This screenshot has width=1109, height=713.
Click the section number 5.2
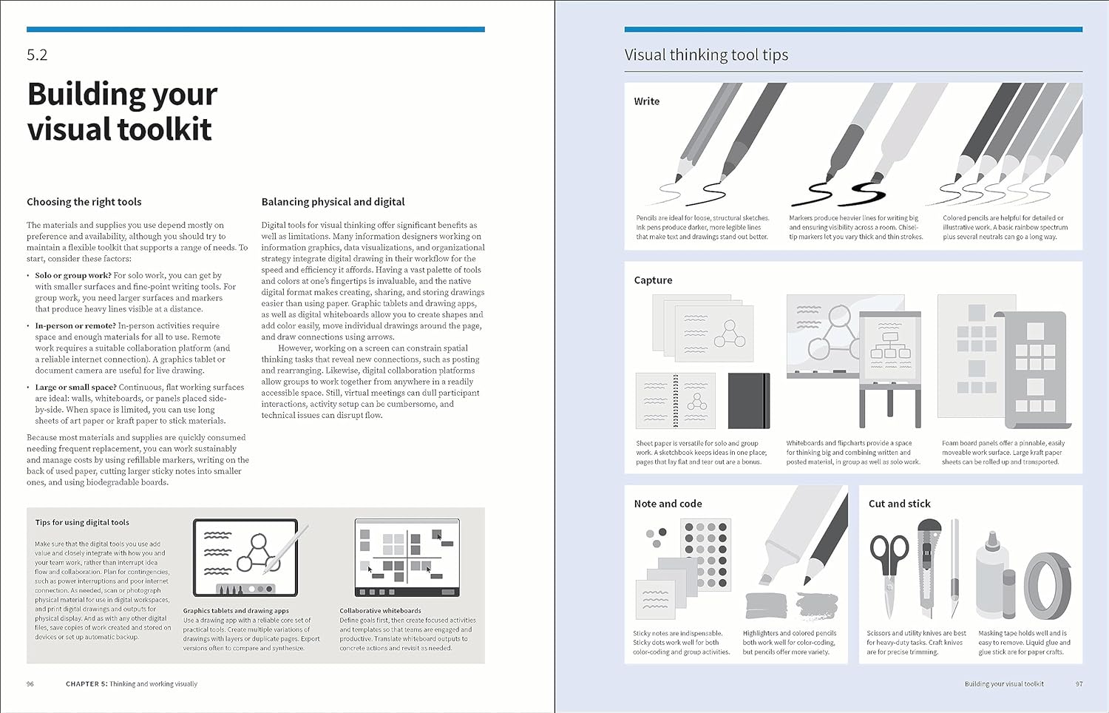pyautogui.click(x=37, y=55)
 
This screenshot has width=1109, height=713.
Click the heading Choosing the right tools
pyautogui.click(x=84, y=202)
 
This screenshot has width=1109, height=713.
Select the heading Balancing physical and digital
pyautogui.click(x=333, y=202)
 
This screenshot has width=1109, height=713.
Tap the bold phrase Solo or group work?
pyautogui.click(x=73, y=275)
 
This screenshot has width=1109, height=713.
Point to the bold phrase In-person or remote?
pyautogui.click(x=75, y=325)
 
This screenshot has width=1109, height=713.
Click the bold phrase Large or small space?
pyautogui.click(x=76, y=387)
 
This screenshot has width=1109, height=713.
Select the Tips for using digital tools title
pyautogui.click(x=81, y=522)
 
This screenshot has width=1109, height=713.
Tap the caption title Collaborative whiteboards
pyautogui.click(x=380, y=611)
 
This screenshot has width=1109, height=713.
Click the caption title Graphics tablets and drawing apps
pyautogui.click(x=236, y=611)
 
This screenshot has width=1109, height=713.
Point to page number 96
pyautogui.click(x=30, y=684)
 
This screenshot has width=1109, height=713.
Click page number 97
pyautogui.click(x=1079, y=684)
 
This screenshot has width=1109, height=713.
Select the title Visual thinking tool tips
pyautogui.click(x=706, y=55)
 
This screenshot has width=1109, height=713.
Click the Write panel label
pyautogui.click(x=646, y=101)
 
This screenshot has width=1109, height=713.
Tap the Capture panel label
pyautogui.click(x=653, y=280)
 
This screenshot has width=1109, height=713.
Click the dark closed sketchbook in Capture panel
pyautogui.click(x=748, y=401)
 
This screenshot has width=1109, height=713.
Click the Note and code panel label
pyautogui.click(x=668, y=504)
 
